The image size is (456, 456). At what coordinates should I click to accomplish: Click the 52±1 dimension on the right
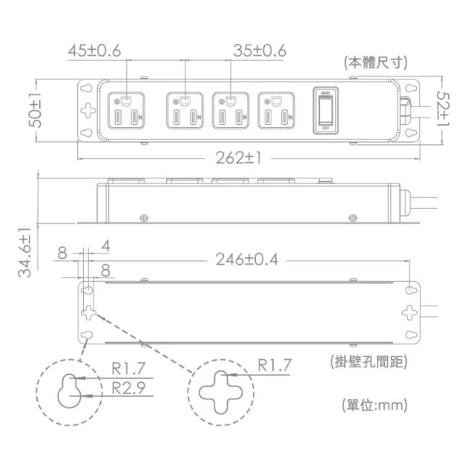pos(442,110)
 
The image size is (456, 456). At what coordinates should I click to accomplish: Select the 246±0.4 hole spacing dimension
pos(246,259)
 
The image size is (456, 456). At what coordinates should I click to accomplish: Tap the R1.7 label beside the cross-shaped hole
pos(275,366)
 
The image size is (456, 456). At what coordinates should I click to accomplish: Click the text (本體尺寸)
pos(374,62)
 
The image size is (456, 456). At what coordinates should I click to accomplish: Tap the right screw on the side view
pos(352,218)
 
